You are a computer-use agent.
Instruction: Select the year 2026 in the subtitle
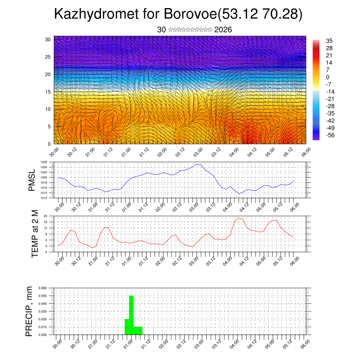pos(223,30)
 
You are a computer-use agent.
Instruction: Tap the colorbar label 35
pos(329,41)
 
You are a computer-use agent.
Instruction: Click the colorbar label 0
pos(328,77)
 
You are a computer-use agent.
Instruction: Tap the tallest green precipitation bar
pos(131,315)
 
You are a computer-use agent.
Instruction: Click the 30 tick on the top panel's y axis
pos(48,39)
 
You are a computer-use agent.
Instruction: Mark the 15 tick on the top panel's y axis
pos(48,92)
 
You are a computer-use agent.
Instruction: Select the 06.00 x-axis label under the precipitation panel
pos(305,343)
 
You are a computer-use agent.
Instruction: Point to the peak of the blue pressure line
pos(197,164)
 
